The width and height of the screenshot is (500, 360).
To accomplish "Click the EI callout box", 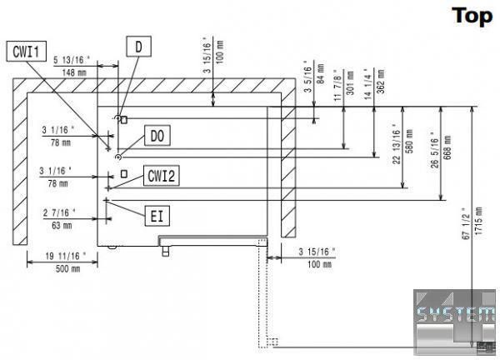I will pos(156,217).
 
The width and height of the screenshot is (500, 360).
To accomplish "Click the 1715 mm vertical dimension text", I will pos(476,223).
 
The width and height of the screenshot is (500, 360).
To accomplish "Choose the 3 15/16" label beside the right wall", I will pos(317,252).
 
